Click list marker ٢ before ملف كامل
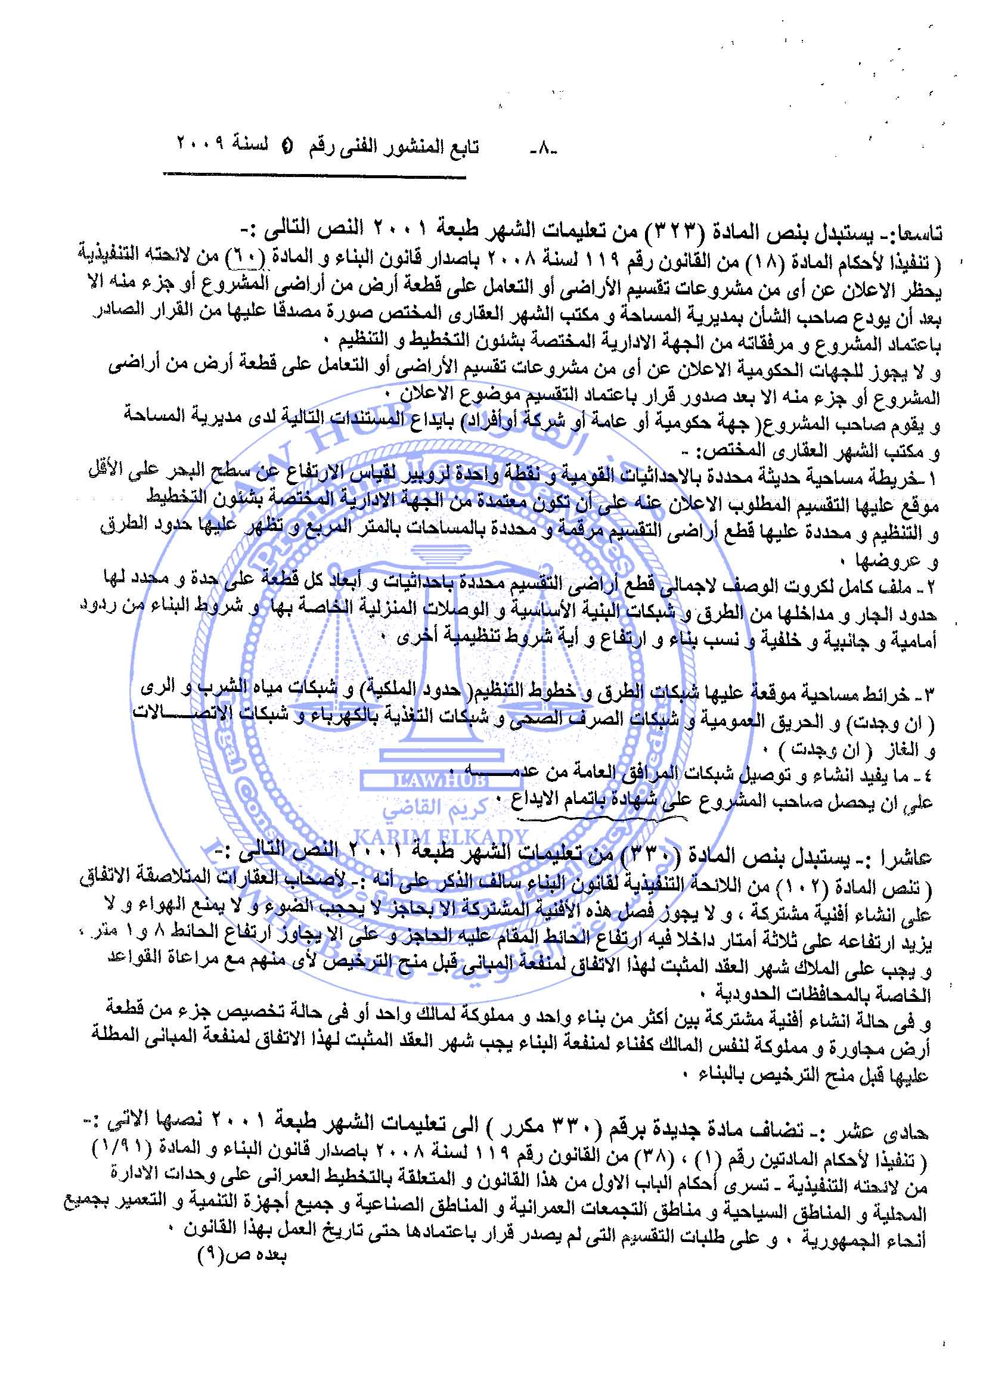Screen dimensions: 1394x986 934,589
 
